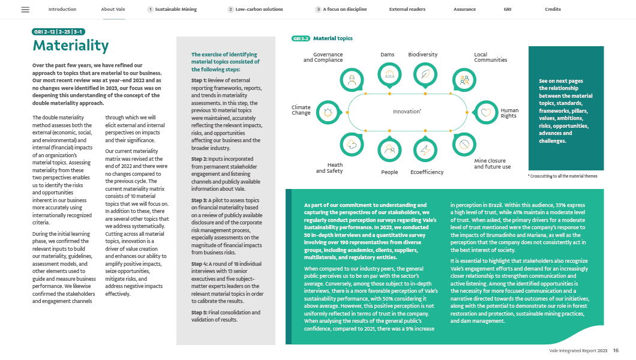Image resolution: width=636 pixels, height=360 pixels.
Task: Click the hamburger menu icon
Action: (25, 10)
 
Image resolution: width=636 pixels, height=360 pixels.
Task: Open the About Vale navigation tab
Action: (113, 10)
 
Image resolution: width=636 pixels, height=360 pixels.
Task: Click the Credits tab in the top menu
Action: (553, 10)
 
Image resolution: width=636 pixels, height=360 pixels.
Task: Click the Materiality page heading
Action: (71, 46)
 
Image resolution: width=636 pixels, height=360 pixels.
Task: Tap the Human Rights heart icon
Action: (485, 112)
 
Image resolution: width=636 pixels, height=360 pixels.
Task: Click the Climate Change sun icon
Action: (328, 112)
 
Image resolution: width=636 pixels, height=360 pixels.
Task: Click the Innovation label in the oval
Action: (407, 112)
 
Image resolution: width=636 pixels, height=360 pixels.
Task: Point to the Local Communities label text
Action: (490, 58)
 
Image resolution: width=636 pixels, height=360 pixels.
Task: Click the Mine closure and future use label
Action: (492, 164)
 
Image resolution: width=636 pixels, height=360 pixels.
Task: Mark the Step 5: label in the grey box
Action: (200, 313)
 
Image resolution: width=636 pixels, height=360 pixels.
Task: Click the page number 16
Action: (616, 350)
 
